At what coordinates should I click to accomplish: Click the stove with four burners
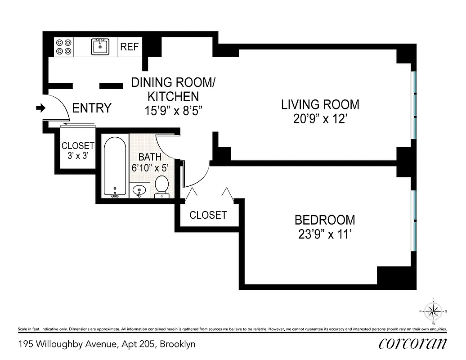point(64,46)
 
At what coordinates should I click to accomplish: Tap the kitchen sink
point(100,46)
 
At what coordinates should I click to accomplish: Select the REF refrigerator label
point(130,47)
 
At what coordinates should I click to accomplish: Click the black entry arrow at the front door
point(40,108)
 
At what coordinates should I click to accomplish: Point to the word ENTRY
point(92,108)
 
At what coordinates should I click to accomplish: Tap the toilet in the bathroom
point(161,186)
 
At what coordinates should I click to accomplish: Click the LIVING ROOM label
point(320,105)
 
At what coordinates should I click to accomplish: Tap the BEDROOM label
point(324,220)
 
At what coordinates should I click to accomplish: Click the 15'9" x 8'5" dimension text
point(173,110)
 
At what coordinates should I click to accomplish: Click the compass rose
point(433,311)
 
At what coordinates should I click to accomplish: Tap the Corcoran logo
point(412,343)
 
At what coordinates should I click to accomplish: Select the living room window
point(415,105)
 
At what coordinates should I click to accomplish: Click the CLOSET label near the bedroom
point(208,215)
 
